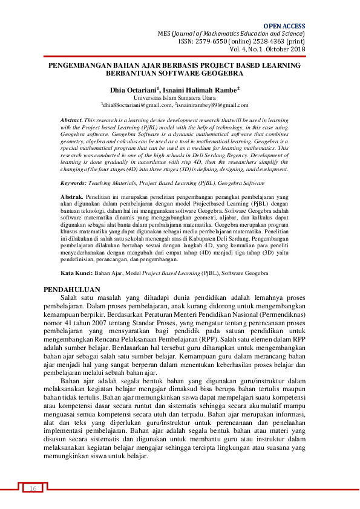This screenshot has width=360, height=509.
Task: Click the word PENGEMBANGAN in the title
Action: point(82,64)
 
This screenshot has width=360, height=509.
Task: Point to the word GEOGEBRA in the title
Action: point(221,73)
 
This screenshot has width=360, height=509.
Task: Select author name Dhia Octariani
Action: point(136,89)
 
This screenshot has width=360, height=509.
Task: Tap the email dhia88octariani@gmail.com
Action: point(137,104)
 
